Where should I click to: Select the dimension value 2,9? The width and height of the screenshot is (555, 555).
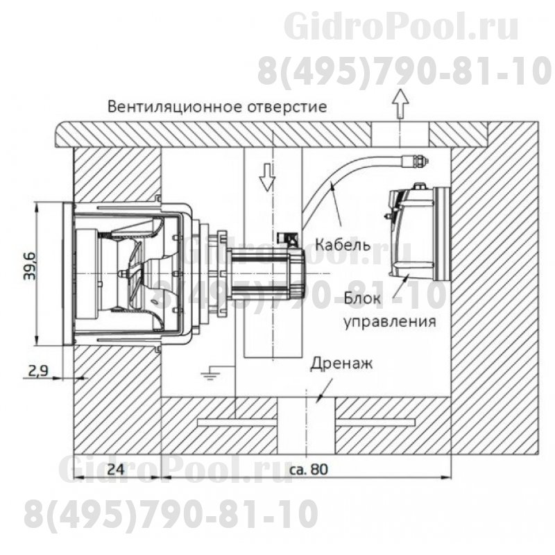click(39, 371)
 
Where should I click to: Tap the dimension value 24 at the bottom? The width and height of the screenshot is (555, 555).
click(116, 469)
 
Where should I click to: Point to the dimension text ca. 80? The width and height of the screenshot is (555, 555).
click(306, 469)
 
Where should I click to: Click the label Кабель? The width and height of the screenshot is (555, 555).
click(342, 245)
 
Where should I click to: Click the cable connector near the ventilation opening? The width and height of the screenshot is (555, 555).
click(416, 161)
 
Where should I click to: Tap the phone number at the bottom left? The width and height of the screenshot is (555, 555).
click(170, 514)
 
